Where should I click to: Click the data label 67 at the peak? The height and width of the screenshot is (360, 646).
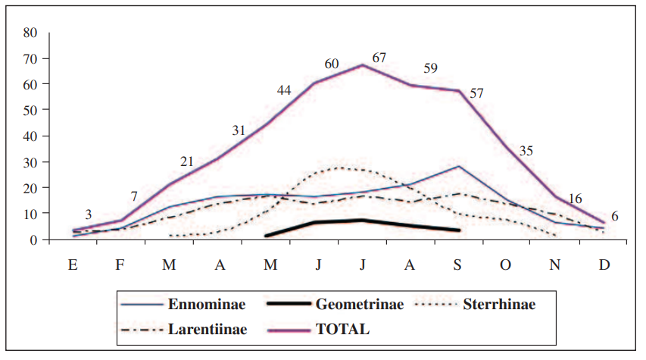379,58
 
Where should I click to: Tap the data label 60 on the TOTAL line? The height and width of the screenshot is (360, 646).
332,64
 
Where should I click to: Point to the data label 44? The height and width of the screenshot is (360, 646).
283,90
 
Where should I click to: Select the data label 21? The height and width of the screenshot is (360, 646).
188,161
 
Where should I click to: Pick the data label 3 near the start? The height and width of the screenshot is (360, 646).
89,214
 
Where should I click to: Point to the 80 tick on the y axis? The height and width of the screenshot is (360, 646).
30,33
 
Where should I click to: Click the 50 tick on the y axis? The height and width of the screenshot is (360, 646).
30,110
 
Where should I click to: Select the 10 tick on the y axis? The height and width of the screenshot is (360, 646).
30,214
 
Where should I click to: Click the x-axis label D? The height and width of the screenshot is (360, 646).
604,265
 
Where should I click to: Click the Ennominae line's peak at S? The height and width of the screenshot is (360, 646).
459,166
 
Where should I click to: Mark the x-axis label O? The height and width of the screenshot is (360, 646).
507,265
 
